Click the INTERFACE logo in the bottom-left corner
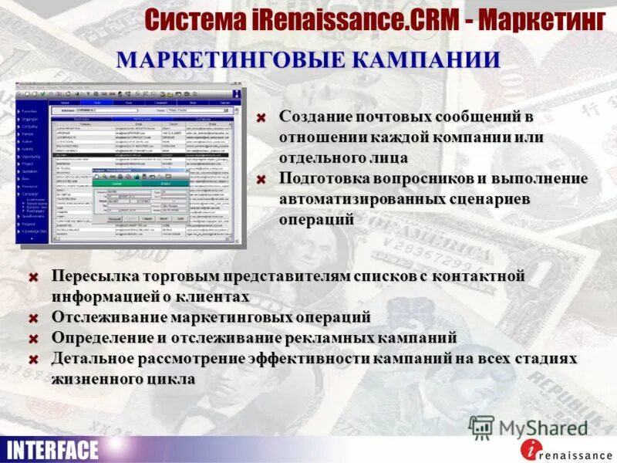tap(52, 449)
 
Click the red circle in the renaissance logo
tap(528, 448)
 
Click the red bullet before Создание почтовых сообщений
tap(261, 117)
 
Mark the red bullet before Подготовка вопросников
tap(261, 180)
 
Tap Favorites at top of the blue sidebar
tap(29, 111)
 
